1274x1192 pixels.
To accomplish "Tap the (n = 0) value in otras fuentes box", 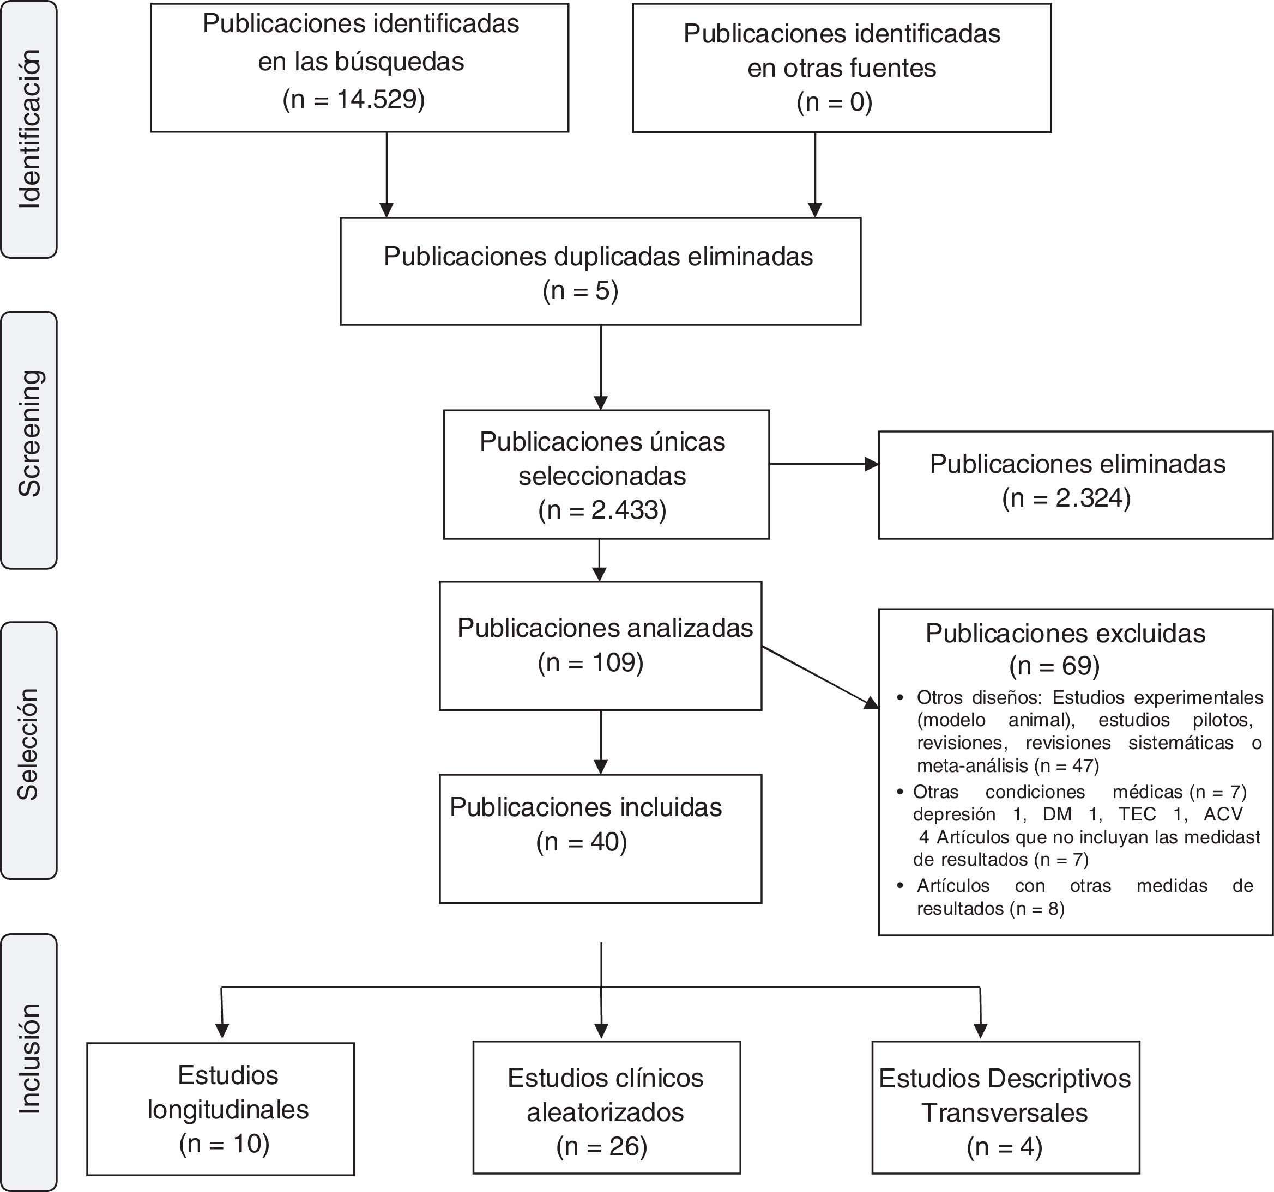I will (x=835, y=102).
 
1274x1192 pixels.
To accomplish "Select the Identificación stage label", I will (x=29, y=129).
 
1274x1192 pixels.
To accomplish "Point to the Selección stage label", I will (x=28, y=744).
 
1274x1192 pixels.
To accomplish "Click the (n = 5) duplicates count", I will (x=580, y=291).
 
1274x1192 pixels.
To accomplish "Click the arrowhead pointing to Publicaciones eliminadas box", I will (x=872, y=464).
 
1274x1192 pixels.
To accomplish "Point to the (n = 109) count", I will (x=590, y=662).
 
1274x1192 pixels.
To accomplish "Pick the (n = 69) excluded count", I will (x=1054, y=666).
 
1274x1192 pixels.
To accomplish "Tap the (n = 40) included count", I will (x=581, y=842).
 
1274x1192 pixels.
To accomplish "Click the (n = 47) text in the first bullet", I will (x=1066, y=765).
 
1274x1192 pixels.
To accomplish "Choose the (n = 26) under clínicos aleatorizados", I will (x=602, y=1146).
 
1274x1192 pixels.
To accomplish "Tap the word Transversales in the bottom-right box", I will (x=1004, y=1112).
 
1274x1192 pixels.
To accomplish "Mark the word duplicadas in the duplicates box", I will (x=617, y=257).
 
